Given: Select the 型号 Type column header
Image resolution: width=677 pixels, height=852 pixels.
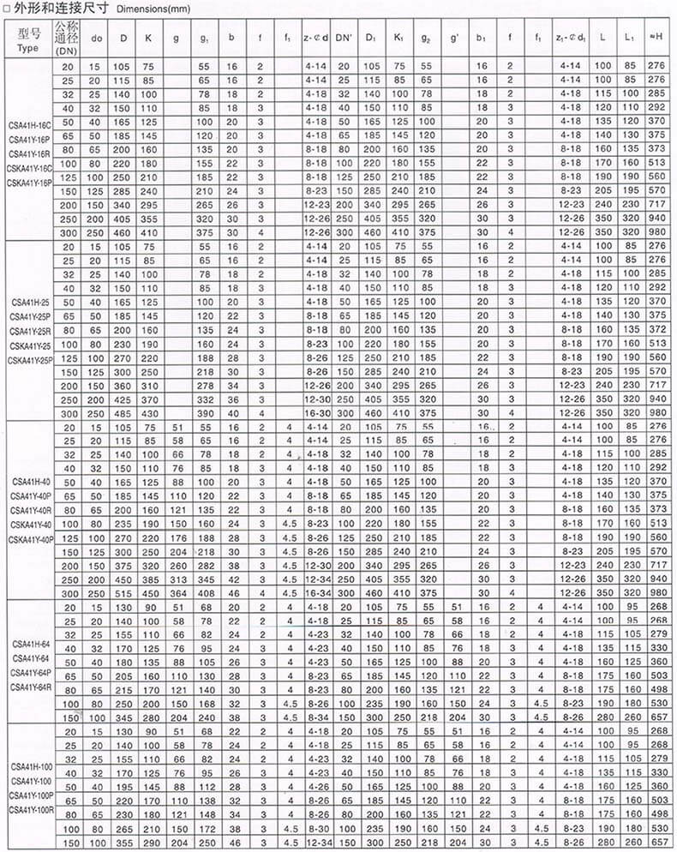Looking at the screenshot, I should (x=28, y=39).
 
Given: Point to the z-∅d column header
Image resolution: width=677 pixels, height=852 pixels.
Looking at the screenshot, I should (x=316, y=38).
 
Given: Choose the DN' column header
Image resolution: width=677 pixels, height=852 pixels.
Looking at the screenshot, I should (x=344, y=38).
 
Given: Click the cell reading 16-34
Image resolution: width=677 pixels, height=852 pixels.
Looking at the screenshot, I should (x=316, y=591).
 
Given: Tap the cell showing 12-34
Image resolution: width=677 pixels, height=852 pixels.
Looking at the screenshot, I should (x=316, y=843).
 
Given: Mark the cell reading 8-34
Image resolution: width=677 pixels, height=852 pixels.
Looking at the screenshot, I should (x=316, y=714).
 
